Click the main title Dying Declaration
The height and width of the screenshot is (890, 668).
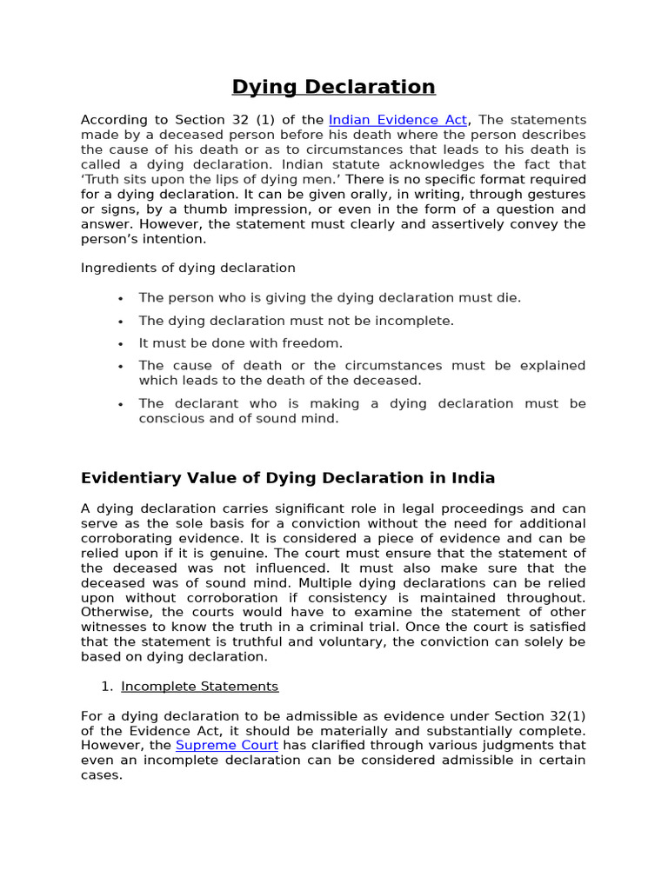333,87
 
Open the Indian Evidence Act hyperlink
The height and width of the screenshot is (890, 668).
398,120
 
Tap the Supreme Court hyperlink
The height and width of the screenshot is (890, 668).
227,746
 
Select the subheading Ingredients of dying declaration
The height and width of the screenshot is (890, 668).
188,268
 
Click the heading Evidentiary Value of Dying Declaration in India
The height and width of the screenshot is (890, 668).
288,478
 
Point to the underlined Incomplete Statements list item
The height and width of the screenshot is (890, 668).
200,687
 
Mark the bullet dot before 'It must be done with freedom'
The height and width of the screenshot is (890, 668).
121,344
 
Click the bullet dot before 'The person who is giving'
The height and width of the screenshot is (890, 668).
121,299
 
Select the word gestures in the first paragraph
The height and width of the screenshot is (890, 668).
556,194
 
